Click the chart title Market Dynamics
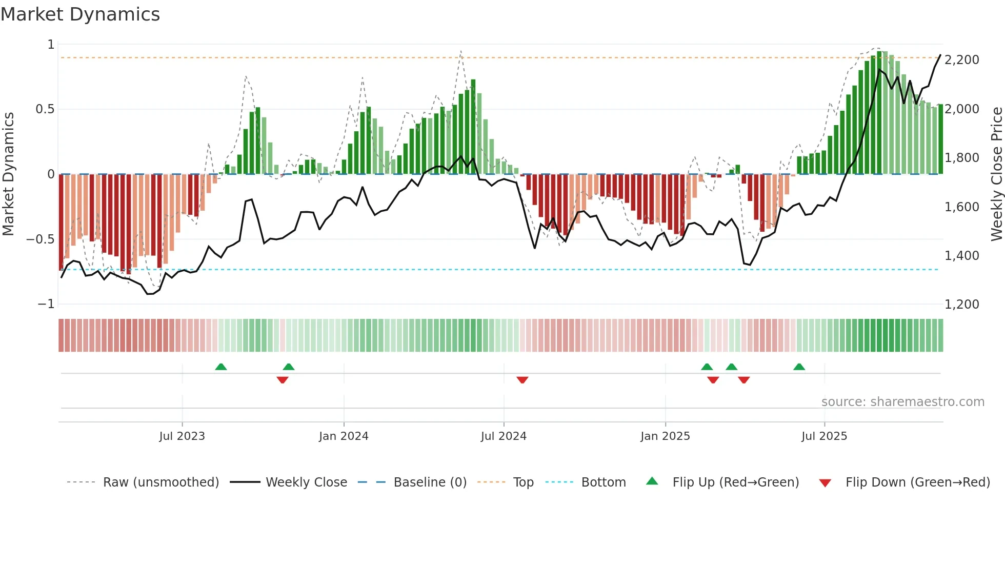pyautogui.click(x=80, y=14)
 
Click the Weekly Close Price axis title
pyautogui.click(x=997, y=174)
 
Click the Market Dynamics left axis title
pyautogui.click(x=8, y=174)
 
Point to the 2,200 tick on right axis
pyautogui.click(x=962, y=60)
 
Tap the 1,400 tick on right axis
pyautogui.click(x=962, y=255)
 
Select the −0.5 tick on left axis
pyautogui.click(x=41, y=239)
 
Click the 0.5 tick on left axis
pyautogui.click(x=45, y=109)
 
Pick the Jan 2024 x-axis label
pyautogui.click(x=344, y=436)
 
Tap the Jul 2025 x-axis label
pyautogui.click(x=824, y=436)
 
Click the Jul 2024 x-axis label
pyautogui.click(x=504, y=436)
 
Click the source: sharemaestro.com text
pyautogui.click(x=902, y=402)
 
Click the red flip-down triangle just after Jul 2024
pyautogui.click(x=522, y=380)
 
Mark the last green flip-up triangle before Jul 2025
pyautogui.click(x=799, y=367)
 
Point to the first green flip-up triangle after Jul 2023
pyautogui.click(x=221, y=367)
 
